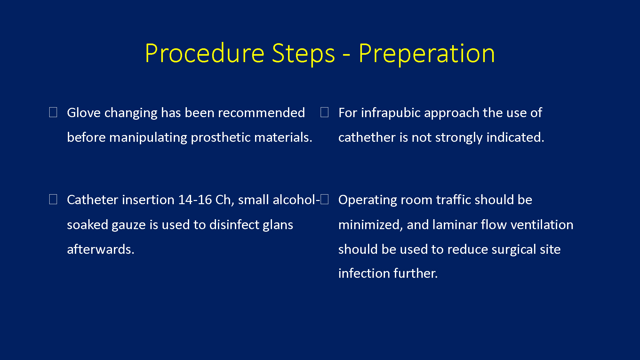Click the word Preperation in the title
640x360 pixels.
[427, 54]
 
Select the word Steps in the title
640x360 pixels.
[303, 54]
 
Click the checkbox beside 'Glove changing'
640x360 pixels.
[53, 112]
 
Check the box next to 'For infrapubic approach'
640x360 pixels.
[324, 112]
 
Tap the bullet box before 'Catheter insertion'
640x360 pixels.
[53, 199]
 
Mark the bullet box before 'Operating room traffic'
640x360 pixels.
[324, 199]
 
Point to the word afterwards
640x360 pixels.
[100, 249]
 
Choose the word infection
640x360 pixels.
[364, 274]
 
